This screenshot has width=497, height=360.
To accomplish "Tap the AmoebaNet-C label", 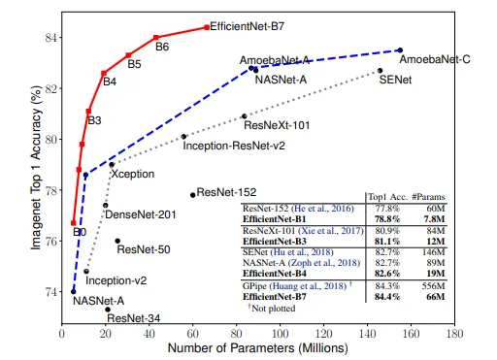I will tap(435, 60).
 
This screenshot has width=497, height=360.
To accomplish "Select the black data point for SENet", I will tap(381, 71).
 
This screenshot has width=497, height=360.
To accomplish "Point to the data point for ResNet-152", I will tap(192, 195).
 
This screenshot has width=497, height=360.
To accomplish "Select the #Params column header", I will tap(431, 195).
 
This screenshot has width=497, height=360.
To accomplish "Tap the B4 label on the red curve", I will tap(110, 82).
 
